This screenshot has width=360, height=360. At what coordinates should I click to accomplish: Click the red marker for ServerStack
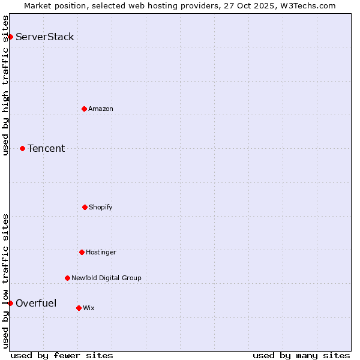pos(10,37)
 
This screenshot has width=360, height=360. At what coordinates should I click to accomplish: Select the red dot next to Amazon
pos(84,109)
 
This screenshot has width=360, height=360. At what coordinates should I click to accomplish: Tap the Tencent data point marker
pos(22,148)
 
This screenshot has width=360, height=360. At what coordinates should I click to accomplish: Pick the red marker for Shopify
pos(85,207)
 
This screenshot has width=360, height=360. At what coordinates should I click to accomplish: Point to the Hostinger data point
pos(82,252)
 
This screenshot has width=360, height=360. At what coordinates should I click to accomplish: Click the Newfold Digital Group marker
pos(67,278)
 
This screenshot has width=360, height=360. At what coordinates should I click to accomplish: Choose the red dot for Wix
pos(79,308)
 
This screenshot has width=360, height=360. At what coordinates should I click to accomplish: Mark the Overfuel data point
pos(10,303)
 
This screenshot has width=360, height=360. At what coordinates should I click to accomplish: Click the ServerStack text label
pos(45,37)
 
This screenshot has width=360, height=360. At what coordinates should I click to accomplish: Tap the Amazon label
pos(101,109)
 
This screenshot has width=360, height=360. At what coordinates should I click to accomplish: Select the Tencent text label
pos(46,149)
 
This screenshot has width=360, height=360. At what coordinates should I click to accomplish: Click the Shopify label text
pos(101,207)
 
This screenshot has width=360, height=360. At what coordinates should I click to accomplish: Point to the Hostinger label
pos(101,252)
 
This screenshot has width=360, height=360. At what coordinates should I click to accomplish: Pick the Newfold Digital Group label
pos(106,278)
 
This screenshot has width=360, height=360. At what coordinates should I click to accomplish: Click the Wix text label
pos(89,308)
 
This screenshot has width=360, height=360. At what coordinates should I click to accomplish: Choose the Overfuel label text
pos(36,303)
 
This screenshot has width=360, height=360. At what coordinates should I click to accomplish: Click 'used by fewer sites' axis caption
pos(62,355)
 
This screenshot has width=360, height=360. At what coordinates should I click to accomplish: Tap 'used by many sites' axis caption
pos(301,355)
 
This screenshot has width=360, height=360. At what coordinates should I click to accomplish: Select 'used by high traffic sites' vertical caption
pos(6,85)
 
